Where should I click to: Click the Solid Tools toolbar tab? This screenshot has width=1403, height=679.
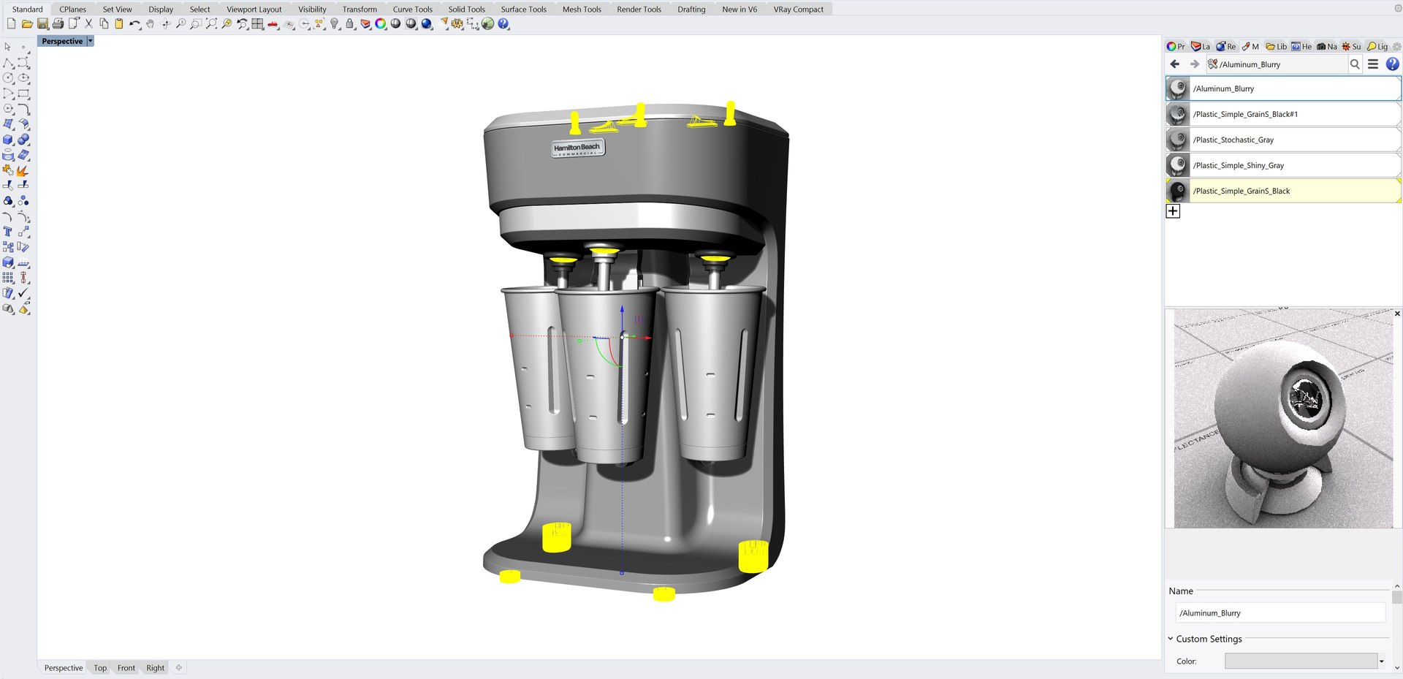point(466,10)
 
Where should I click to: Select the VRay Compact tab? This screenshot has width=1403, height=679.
point(798,10)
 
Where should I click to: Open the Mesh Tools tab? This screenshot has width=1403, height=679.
point(582,10)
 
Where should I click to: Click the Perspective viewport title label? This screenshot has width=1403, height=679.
point(62,42)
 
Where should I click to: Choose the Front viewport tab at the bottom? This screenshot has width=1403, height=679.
point(126,668)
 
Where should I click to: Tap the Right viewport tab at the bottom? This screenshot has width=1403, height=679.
point(155,668)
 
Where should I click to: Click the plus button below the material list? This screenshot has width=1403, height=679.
point(1173,211)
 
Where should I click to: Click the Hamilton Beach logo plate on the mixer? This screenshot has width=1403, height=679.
point(577,148)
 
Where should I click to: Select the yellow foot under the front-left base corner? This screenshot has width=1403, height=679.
point(509,577)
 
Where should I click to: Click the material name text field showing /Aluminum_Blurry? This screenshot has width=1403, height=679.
point(1279,613)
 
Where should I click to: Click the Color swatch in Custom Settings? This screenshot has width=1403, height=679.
point(1301,661)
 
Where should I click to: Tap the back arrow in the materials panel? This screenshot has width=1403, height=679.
point(1175,64)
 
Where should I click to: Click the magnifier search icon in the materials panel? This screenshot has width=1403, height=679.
point(1355,64)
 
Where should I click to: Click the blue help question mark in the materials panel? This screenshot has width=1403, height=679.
point(1392,64)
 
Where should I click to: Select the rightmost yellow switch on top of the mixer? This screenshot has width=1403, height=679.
point(730,113)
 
